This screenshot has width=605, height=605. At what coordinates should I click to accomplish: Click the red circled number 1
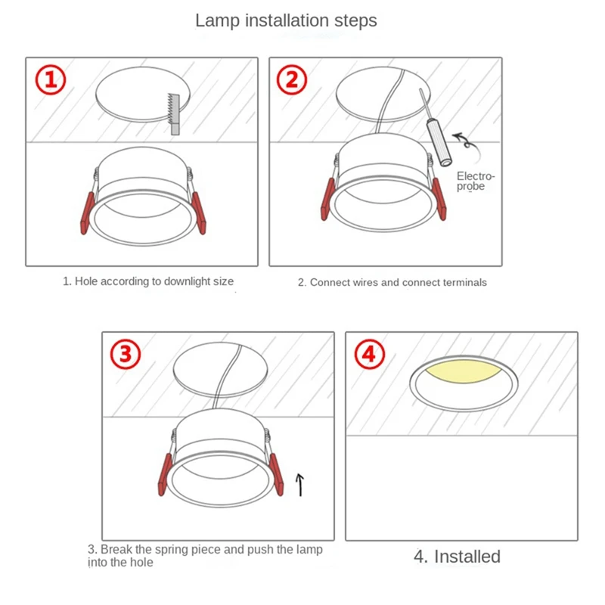tap(51, 80)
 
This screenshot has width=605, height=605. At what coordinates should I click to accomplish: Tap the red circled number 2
tap(292, 80)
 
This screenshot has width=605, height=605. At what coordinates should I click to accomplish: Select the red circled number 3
tap(126, 354)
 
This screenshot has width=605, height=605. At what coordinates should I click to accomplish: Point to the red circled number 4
tap(370, 354)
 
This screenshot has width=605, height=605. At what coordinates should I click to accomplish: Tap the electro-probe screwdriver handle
tap(439, 143)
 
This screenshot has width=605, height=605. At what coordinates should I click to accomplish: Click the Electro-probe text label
tap(476, 181)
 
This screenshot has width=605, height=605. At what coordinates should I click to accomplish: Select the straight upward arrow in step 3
tap(299, 485)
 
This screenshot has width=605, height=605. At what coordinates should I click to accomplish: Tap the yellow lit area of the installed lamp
tap(463, 371)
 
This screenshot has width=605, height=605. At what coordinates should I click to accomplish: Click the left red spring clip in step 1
tap(87, 213)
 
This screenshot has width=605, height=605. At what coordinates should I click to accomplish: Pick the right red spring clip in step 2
tap(439, 199)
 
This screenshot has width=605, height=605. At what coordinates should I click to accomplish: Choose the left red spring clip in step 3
tap(165, 475)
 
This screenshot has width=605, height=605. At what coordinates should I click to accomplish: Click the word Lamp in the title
tap(217, 20)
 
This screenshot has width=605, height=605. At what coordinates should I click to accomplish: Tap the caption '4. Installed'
tap(457, 557)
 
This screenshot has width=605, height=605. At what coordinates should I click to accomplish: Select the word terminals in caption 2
tap(465, 282)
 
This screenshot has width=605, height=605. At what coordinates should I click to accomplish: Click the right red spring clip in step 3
tap(277, 475)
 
